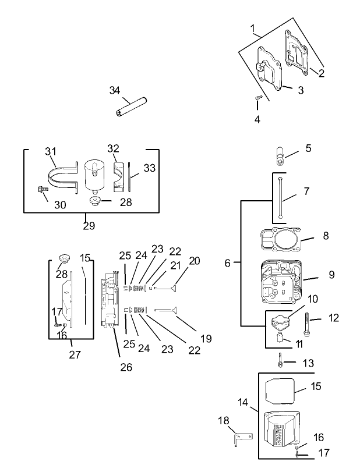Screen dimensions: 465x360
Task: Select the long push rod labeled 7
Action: tap(281, 198)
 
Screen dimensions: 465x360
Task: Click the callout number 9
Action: tap(315, 274)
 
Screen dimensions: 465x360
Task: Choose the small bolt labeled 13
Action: tap(281, 361)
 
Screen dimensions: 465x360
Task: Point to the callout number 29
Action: tap(89, 226)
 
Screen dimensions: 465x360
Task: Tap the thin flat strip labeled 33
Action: tap(129, 178)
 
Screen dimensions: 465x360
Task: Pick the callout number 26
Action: tap(126, 367)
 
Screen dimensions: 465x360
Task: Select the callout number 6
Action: tap(228, 263)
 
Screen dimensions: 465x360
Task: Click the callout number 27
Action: tap(75, 354)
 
